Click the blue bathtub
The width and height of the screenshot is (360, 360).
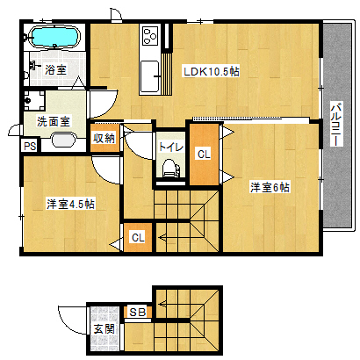click(55, 36)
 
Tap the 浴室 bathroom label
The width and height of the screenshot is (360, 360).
click(55, 69)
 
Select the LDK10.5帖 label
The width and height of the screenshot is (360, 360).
click(212, 72)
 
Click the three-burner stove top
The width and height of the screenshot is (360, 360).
click(150, 36)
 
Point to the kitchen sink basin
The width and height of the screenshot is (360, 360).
click(150, 76)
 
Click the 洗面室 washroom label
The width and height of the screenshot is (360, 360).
click(54, 121)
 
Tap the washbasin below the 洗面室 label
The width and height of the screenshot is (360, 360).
click(64, 140)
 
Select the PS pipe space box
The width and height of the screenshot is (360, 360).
click(30, 146)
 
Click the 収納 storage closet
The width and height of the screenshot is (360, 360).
click(104, 138)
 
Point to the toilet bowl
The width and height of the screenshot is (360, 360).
click(169, 168)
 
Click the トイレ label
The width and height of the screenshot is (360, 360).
click(171, 147)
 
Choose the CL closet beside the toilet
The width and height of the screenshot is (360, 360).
click(204, 155)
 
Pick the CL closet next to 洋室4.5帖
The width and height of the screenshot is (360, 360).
click(138, 237)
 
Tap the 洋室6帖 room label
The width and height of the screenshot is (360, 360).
click(270, 187)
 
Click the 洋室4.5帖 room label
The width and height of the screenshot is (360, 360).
click(70, 204)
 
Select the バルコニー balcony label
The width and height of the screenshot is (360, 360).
click(336, 124)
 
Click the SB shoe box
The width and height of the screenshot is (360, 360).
click(138, 313)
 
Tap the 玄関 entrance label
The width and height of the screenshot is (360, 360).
click(104, 329)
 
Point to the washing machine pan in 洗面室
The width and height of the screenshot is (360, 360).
click(34, 100)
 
